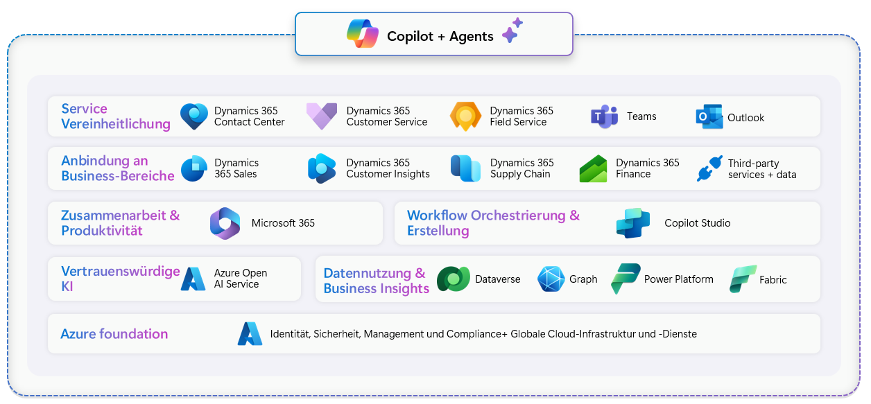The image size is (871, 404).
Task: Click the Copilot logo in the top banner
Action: click(363, 34)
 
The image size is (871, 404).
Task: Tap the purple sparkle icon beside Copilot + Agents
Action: click(512, 30)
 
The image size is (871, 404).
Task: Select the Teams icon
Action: click(604, 116)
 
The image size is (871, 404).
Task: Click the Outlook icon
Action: click(709, 117)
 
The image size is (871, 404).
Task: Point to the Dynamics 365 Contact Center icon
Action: click(193, 116)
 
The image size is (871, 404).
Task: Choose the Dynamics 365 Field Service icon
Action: click(465, 116)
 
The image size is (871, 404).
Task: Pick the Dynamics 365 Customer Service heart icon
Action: click(322, 116)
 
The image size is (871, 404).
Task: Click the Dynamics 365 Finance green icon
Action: click(593, 169)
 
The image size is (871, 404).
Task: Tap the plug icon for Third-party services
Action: click(709, 168)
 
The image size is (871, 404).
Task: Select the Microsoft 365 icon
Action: click(225, 223)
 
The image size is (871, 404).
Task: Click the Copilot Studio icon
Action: click(632, 223)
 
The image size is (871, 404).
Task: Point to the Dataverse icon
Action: click(454, 279)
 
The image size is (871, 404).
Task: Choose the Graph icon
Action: click(551, 279)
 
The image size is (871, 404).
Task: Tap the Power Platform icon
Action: click(626, 279)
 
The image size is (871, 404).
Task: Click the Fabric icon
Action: click(743, 279)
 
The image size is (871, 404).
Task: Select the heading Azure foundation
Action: click(114, 334)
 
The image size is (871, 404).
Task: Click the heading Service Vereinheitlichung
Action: click(116, 116)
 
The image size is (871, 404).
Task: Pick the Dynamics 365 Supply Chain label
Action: click(521, 168)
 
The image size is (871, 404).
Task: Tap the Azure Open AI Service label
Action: click(241, 279)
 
